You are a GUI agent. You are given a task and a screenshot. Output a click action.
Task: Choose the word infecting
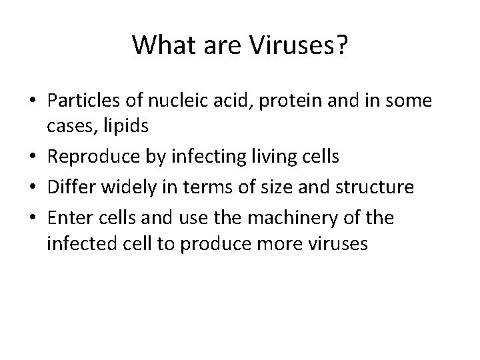203,157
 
